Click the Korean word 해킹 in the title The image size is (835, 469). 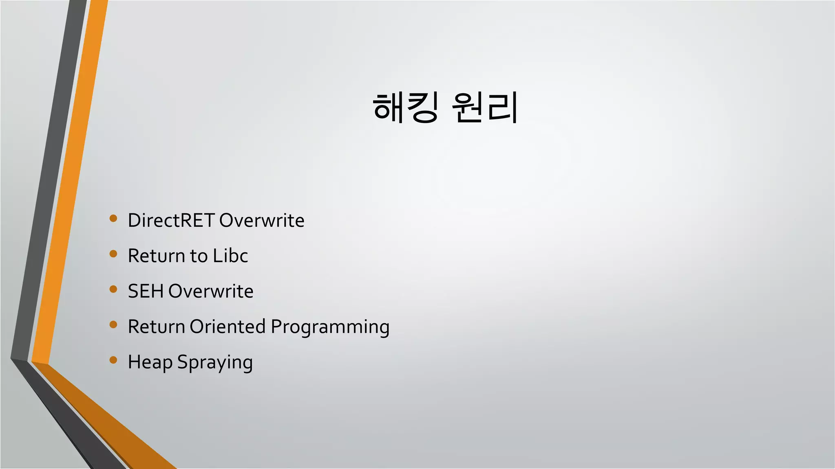(x=405, y=107)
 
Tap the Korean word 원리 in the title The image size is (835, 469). (x=484, y=107)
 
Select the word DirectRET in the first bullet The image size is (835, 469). (x=171, y=220)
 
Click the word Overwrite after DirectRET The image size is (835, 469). (x=262, y=220)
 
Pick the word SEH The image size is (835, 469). (x=146, y=291)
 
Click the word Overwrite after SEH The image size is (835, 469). (x=211, y=291)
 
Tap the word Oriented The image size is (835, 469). (x=228, y=327)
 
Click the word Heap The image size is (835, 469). (x=150, y=362)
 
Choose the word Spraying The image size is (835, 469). (x=215, y=362)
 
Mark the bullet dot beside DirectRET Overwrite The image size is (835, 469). (x=113, y=219)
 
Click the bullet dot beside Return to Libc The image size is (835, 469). (x=113, y=254)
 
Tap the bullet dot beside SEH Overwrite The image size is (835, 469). (x=113, y=289)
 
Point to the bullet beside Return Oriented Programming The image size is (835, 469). (x=113, y=325)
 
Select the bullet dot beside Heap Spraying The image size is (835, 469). (x=113, y=360)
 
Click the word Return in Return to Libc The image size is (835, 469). (x=156, y=256)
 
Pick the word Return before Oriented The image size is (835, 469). (x=156, y=327)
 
